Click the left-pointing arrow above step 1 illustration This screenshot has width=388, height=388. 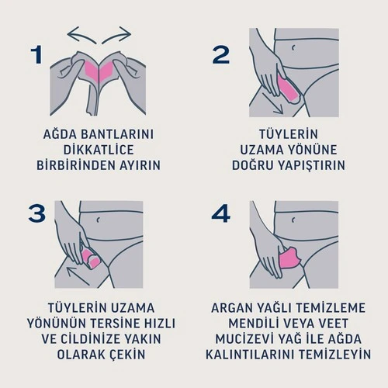tap(80, 33)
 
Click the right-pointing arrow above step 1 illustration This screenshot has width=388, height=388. tap(119, 33)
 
